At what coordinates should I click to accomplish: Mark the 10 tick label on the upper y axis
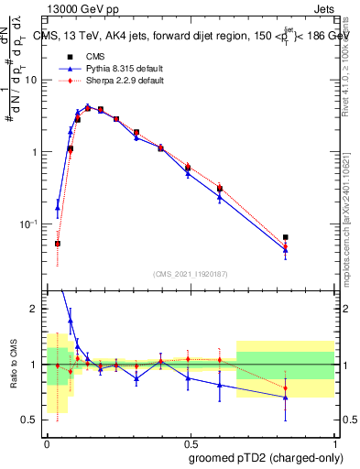(32, 80)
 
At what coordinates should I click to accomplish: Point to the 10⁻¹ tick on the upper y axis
(30, 224)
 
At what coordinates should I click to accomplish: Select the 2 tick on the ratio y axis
(35, 309)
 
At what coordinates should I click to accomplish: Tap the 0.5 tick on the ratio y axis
(31, 420)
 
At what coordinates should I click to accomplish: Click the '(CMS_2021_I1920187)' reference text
(190, 273)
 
